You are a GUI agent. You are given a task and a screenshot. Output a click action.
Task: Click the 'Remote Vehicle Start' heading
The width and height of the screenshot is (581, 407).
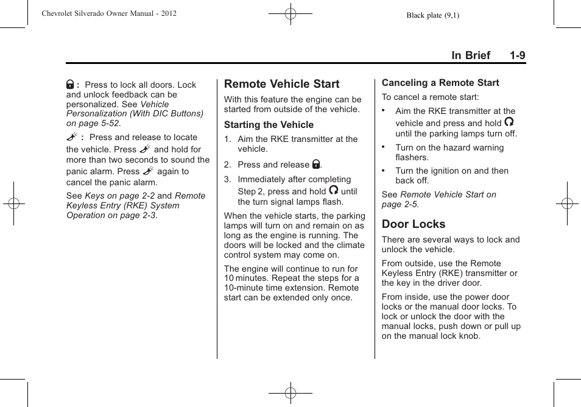281,84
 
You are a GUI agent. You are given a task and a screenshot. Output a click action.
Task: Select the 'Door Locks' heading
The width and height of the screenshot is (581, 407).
414,224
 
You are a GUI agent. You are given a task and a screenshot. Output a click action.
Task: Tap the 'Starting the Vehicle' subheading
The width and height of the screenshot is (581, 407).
269,125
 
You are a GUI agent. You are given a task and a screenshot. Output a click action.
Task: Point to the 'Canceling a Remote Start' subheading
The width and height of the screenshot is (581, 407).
440,83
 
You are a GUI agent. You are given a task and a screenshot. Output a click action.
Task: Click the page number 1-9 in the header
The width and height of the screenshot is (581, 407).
518,55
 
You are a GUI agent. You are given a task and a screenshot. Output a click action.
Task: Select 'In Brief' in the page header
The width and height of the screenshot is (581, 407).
470,55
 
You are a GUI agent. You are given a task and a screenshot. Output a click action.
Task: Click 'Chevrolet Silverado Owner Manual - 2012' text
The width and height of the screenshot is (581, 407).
109,13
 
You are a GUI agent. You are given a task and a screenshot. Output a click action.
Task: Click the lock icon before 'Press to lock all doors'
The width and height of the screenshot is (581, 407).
71,85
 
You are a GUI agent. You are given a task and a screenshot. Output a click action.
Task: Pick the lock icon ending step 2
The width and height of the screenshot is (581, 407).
316,165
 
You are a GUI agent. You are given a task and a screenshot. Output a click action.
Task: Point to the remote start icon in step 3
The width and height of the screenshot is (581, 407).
334,190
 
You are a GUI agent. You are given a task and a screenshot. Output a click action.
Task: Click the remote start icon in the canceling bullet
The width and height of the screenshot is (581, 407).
509,122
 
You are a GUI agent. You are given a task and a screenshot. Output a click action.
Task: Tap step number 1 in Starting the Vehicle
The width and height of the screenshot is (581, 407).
227,140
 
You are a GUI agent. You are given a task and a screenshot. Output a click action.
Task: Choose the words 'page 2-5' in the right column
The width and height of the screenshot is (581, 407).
400,204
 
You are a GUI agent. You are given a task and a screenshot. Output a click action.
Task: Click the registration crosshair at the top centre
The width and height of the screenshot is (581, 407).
290,14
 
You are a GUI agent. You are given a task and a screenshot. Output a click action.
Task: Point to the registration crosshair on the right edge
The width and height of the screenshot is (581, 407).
566,203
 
